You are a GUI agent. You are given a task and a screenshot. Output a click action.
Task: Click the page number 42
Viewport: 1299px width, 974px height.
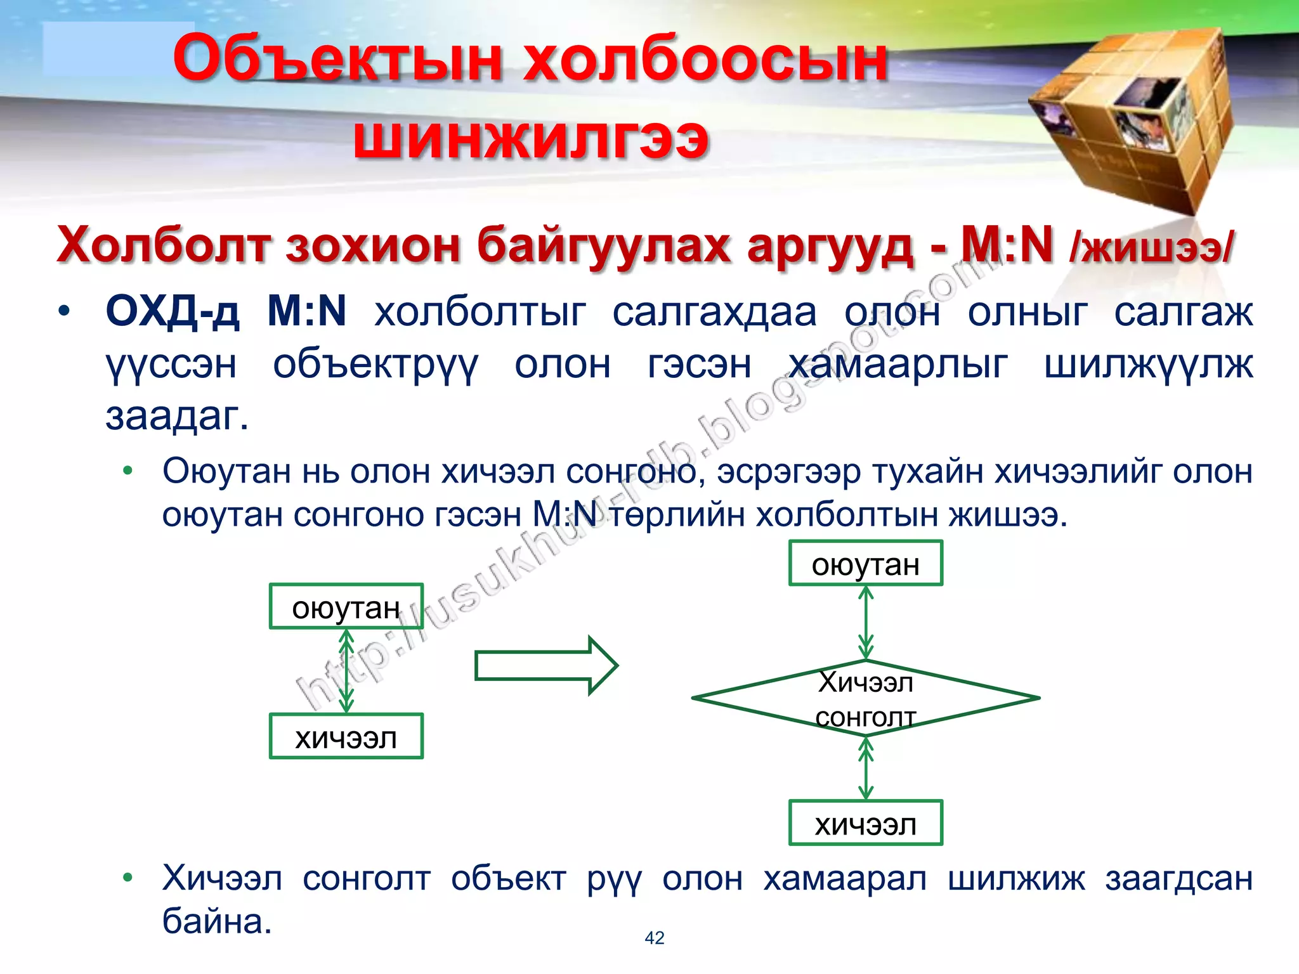click(x=654, y=938)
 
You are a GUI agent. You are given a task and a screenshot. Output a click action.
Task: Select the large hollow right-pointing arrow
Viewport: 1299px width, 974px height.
click(x=545, y=665)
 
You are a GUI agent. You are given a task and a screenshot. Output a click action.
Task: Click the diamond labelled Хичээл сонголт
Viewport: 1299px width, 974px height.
click(x=865, y=698)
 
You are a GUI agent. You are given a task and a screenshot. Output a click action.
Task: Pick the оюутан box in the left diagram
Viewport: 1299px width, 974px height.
click(x=346, y=607)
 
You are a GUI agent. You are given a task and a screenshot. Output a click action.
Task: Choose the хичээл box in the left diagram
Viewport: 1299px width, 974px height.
click(x=346, y=737)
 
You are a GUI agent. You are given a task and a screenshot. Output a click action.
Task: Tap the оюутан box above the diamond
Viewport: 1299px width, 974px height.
click(x=865, y=563)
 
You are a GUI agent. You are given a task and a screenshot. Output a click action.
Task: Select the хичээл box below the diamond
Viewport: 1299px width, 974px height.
click(x=865, y=823)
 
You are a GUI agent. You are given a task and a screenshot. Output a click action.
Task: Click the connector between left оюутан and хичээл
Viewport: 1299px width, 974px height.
click(x=346, y=671)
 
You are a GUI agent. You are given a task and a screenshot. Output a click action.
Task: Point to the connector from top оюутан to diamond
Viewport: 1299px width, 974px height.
click(x=865, y=623)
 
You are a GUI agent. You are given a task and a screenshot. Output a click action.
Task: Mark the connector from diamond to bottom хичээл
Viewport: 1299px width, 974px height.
click(x=865, y=768)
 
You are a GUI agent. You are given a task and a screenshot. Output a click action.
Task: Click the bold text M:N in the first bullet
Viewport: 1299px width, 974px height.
click(x=306, y=311)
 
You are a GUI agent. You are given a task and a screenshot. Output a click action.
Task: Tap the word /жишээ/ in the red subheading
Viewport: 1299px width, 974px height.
click(x=1152, y=247)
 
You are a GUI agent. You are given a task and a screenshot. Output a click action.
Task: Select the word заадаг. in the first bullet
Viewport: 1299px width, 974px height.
click(x=177, y=416)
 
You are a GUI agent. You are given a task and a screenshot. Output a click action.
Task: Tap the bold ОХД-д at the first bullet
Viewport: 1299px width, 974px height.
click(x=173, y=311)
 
